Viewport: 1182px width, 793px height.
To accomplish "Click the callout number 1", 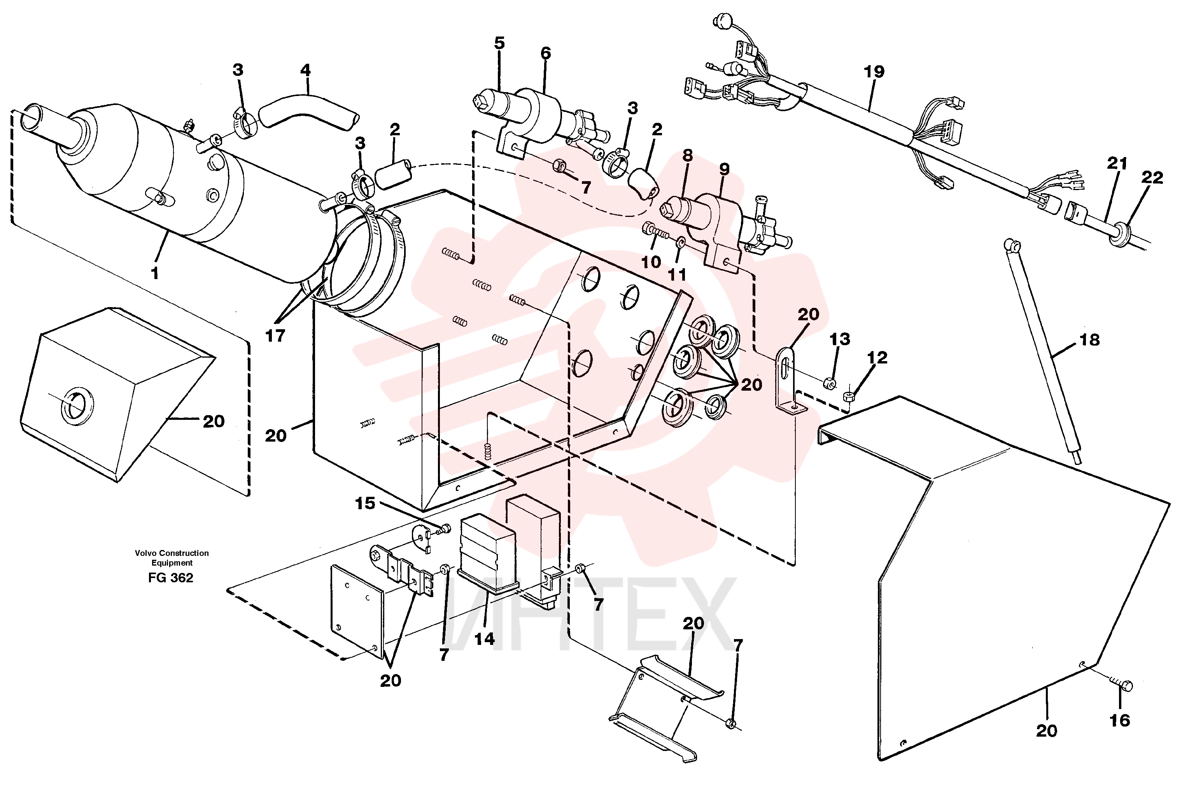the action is pos(155,273).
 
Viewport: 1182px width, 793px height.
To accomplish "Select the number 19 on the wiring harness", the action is pos(874,72).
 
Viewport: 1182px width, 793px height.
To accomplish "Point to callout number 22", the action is pos(1152,178).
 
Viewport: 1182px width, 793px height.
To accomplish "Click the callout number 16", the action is pos(1120,720).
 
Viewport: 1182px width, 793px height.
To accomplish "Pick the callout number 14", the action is pos(484,639).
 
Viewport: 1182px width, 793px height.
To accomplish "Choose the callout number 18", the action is pos(1089,340).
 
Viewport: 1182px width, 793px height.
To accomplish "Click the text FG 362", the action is pos(170,578).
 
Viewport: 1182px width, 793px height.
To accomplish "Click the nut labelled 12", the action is pos(849,395).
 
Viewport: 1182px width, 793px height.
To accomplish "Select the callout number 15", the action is pos(365,503).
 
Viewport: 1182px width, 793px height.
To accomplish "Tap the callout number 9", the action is pos(724,169).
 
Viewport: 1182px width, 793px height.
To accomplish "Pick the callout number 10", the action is pos(651,262).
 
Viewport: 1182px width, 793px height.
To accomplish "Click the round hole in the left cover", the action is pos(77,405).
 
